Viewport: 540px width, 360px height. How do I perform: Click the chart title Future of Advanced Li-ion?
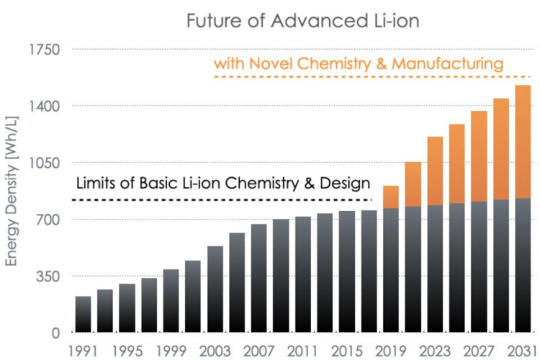click(x=302, y=20)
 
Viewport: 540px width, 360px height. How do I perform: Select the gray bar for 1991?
click(x=83, y=314)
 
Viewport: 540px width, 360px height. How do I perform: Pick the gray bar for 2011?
click(x=302, y=274)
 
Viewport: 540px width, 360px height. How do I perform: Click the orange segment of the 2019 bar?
click(x=391, y=197)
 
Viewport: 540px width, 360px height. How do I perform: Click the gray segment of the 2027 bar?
click(x=479, y=266)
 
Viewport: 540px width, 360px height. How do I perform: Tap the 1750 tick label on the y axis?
click(x=45, y=50)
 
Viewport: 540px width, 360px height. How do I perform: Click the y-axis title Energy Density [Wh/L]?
click(x=12, y=191)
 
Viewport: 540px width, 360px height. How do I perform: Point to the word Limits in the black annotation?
click(x=96, y=183)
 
